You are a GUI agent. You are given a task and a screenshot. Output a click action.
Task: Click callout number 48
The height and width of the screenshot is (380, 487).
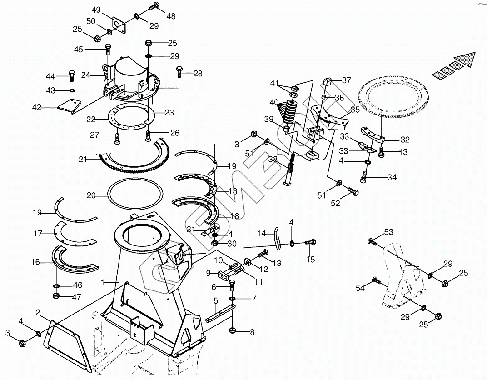[x=171, y=16]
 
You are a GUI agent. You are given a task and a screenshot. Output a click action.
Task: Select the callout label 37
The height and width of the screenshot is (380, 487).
[x=346, y=80]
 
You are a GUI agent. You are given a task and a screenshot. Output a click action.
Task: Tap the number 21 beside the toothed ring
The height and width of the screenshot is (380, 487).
[x=82, y=159]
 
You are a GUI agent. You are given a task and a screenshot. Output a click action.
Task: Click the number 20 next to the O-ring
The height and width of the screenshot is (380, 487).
[x=91, y=195]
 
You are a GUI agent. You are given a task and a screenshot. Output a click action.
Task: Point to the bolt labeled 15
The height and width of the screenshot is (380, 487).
[x=310, y=243]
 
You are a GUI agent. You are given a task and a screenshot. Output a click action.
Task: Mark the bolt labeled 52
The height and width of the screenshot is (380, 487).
[x=352, y=191]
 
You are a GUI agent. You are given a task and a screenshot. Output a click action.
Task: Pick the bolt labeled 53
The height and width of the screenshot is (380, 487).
[x=372, y=241]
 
